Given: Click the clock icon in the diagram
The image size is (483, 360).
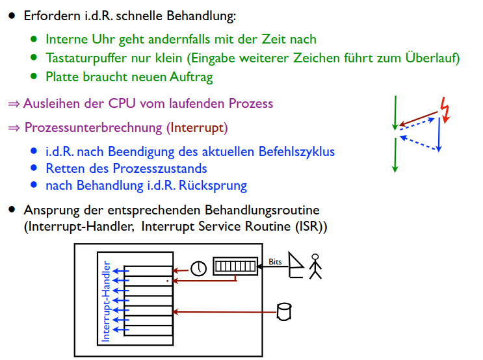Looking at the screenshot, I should [x=198, y=267].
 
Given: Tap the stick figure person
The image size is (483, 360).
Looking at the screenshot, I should [x=315, y=265].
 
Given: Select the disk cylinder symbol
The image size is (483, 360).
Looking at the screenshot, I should [x=284, y=311].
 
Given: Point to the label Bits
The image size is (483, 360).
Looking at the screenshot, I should [x=275, y=262].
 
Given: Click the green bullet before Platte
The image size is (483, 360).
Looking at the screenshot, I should [x=34, y=76].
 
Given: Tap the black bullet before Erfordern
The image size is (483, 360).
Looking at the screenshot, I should [x=12, y=15].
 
